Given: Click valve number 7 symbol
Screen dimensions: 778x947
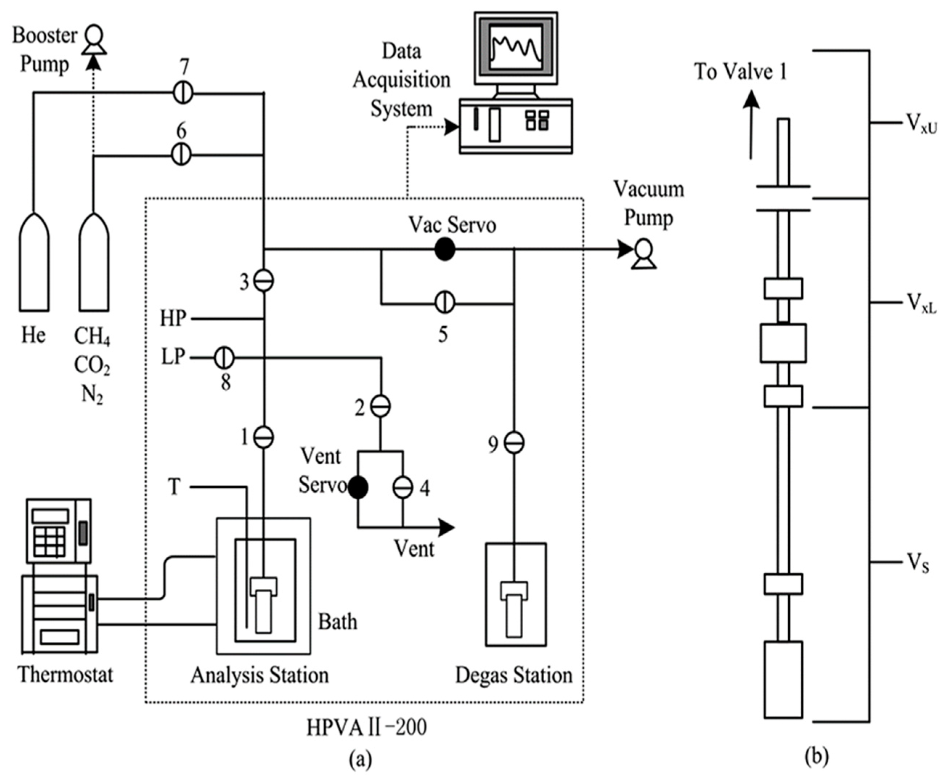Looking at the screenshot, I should pos(183,93).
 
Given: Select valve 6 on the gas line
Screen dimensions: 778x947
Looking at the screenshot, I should pos(181,155).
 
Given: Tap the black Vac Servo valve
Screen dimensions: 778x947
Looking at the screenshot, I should pos(444,249).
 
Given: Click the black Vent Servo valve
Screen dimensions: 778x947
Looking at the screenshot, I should pos(358,487).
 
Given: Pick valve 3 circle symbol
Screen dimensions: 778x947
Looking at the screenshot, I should pos(264,281).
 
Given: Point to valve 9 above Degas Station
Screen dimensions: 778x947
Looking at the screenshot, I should pos(514,443).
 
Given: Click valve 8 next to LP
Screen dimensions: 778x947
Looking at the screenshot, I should pos(224,358).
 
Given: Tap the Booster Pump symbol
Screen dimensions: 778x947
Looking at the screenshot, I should pos(94,40).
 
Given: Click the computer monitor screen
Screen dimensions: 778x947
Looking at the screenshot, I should pos(516,47).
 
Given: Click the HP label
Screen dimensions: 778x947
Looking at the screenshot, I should pos(173,319).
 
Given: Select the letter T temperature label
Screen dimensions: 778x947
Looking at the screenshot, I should pos(175,486).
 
